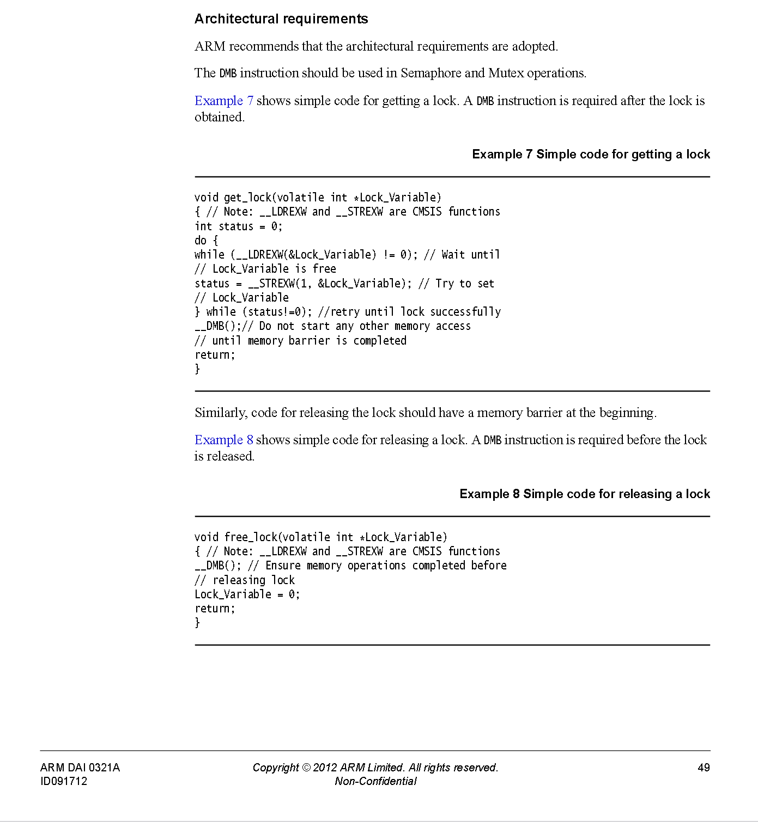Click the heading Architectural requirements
281,19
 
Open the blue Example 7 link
223,101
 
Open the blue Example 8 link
223,440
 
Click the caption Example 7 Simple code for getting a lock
591,154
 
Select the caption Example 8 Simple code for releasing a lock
584,494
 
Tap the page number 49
704,768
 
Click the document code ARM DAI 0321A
80,768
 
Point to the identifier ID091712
64,781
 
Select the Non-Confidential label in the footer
375,781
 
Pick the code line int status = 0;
239,226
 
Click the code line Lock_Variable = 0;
247,594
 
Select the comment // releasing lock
245,580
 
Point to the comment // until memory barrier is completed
300,341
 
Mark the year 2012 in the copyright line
325,768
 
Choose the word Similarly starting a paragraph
220,413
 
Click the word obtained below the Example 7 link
219,117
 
